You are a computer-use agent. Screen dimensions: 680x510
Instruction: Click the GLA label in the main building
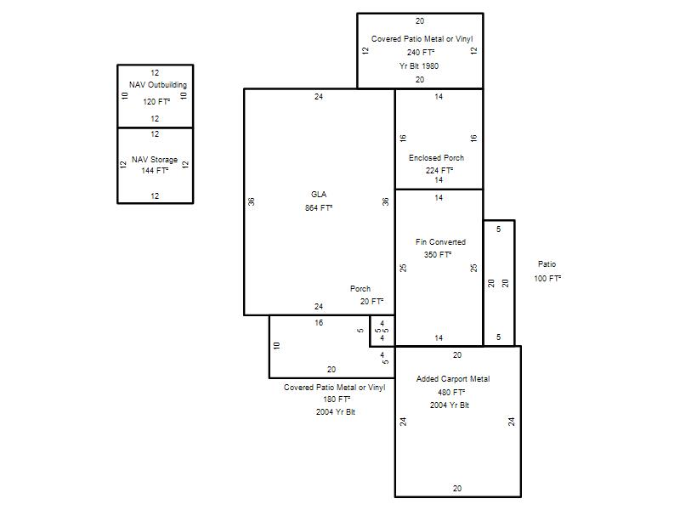(319, 195)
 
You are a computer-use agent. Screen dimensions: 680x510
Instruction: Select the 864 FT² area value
(319, 207)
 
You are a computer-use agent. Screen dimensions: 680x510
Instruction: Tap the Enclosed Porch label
(436, 158)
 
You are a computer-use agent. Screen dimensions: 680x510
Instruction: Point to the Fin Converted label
(440, 242)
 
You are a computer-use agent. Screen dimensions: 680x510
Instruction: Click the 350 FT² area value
(438, 254)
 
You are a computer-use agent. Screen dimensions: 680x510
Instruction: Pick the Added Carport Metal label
(453, 378)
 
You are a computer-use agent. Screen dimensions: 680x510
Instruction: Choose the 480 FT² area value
(451, 392)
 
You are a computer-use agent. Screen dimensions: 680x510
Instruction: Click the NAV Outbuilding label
(158, 84)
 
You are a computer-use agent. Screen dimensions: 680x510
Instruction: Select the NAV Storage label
(155, 160)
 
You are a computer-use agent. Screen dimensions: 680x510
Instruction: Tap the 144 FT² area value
(155, 171)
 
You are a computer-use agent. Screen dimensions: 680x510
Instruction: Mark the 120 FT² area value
(156, 101)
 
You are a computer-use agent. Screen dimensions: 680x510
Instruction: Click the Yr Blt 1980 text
(419, 66)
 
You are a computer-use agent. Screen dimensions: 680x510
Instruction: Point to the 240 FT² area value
(421, 52)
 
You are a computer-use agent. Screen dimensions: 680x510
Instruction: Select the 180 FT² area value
(337, 399)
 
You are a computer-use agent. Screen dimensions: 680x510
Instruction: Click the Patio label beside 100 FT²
(547, 264)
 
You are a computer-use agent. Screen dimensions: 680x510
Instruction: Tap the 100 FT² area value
(547, 279)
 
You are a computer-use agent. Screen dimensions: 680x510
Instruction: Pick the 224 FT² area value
(439, 171)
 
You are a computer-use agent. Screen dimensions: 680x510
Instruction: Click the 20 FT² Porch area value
(371, 302)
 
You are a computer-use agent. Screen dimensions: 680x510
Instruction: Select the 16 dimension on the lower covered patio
(319, 323)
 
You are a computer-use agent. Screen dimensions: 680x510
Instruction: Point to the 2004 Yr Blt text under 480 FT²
(450, 405)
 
